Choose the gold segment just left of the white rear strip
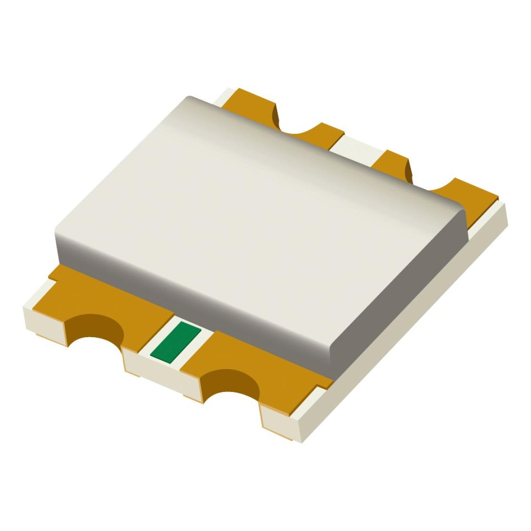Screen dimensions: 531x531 click(324, 133)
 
